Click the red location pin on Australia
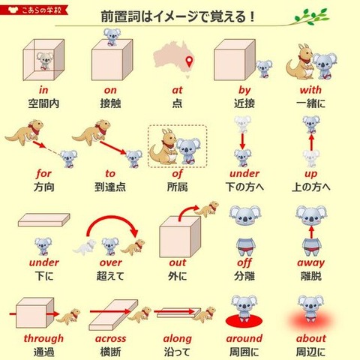pos(190,61)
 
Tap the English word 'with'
pos(310,90)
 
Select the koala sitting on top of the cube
pos(112,37)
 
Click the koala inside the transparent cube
pos(44,61)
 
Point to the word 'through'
pos(43,338)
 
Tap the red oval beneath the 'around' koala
pos(244,320)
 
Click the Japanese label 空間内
pos(43,103)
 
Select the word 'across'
pos(110,338)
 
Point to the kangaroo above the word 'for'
pos(25,132)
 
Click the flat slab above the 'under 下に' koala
pos(44,220)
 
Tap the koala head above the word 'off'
pos(245,214)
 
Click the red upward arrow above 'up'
pos(311,142)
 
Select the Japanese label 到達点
pos(110,187)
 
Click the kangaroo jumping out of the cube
pos(207,209)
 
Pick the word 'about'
pos(311,338)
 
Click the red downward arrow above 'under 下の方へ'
pos(242,141)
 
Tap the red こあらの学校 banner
pos(34,10)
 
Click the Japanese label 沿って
pos(177,352)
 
